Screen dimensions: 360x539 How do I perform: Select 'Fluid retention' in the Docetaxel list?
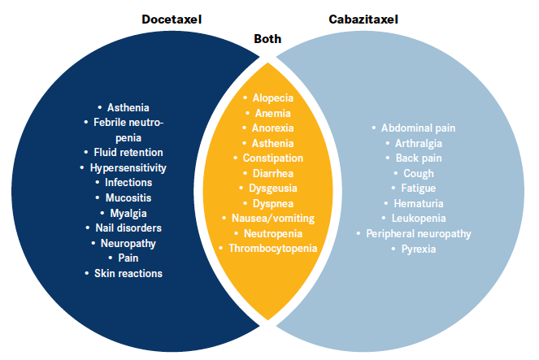[128, 152]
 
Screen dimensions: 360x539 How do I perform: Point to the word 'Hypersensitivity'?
[128, 167]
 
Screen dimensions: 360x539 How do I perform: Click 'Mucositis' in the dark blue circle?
[128, 197]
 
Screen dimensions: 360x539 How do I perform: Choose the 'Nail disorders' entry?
[128, 228]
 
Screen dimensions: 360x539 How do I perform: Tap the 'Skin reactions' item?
[128, 273]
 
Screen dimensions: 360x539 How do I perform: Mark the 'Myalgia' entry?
[128, 213]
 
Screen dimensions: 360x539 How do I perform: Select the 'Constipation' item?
[272, 158]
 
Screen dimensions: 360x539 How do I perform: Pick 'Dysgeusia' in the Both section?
[272, 188]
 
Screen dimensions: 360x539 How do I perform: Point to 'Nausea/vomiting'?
[272, 218]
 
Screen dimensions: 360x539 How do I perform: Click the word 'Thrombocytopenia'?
[272, 248]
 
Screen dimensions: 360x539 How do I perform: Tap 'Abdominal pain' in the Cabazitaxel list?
[419, 128]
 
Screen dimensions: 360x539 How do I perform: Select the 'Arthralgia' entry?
[419, 143]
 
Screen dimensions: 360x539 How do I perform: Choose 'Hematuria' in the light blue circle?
[419, 203]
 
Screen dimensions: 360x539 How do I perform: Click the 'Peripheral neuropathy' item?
[419, 233]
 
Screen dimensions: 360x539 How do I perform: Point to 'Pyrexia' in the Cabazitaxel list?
[419, 249]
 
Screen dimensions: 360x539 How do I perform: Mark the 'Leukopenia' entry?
[419, 219]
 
